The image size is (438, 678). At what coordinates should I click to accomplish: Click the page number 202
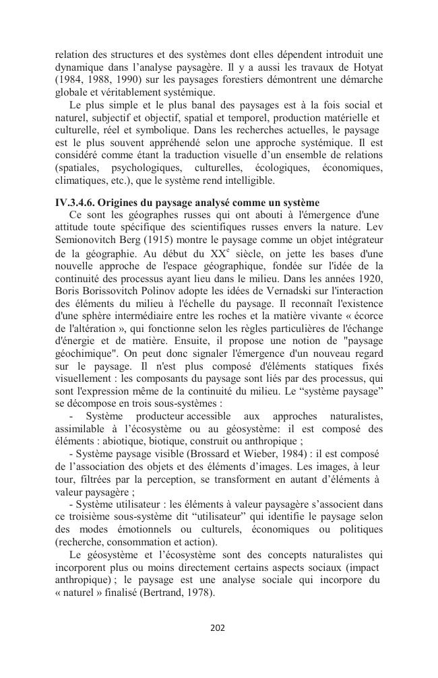point(218,628)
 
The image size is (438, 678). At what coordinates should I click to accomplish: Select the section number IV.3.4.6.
point(77,203)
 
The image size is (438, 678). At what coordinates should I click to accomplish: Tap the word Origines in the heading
point(125,203)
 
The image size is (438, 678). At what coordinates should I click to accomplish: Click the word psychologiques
point(138,168)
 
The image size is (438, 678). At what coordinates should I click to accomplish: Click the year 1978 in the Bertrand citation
point(196,593)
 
